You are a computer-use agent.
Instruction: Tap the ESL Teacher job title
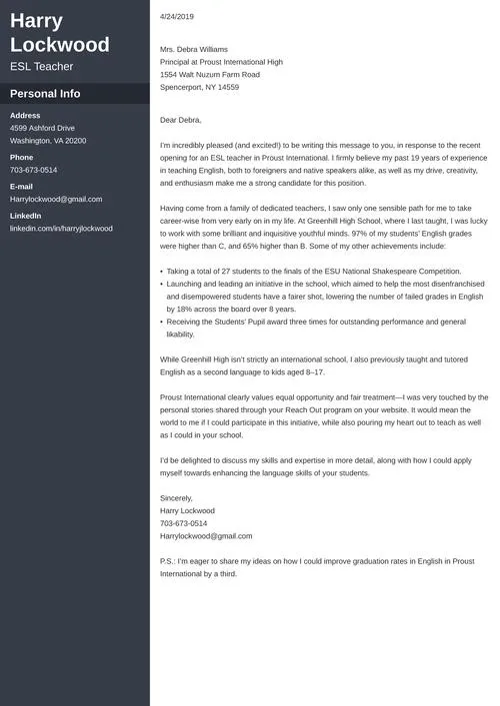[42, 67]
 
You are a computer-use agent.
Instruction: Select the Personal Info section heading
[45, 94]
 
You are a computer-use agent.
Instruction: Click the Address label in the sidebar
[25, 116]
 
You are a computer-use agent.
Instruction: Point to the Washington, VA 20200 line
[48, 141]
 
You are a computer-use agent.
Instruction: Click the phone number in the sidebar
[33, 170]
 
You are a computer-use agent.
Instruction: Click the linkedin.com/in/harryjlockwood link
[61, 229]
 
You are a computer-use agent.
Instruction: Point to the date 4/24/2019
[177, 17]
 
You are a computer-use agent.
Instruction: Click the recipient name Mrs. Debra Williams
[194, 49]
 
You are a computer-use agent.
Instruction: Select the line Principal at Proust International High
[221, 62]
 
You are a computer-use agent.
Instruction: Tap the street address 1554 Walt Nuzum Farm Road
[210, 75]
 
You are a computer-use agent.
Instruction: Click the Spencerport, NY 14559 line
[199, 88]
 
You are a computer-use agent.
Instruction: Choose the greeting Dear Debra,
[181, 120]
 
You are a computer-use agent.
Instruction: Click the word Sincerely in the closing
[177, 497]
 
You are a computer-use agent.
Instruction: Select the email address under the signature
[206, 536]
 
